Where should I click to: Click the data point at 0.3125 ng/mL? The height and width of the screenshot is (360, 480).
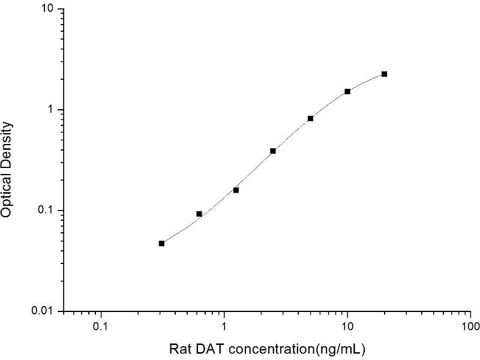(161, 243)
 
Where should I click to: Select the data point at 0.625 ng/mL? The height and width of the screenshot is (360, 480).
(199, 214)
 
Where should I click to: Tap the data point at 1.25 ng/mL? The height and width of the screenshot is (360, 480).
(236, 190)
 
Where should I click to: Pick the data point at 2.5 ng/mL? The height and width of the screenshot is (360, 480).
(273, 151)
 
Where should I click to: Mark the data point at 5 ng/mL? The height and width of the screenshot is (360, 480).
(310, 118)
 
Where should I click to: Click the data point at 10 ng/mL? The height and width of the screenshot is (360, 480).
(347, 91)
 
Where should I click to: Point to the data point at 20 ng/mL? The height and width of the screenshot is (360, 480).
(384, 74)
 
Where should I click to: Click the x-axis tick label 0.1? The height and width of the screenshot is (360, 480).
(101, 327)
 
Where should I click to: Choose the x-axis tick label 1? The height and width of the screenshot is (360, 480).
(224, 327)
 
